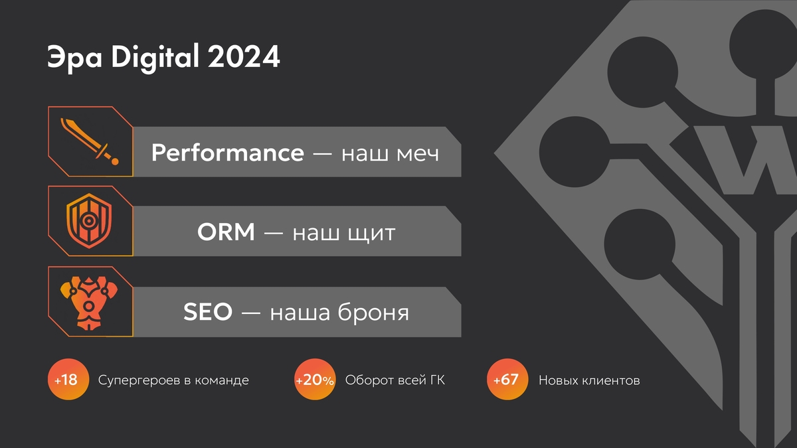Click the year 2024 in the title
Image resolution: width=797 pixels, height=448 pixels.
(244, 56)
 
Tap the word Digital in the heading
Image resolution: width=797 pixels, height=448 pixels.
(155, 58)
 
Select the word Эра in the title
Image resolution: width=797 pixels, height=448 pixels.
(74, 59)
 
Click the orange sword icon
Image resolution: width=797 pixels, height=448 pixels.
(90, 141)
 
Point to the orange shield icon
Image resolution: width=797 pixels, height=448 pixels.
(89, 221)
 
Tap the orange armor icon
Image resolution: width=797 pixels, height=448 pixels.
(89, 303)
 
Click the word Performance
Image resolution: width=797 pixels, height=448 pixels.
(228, 153)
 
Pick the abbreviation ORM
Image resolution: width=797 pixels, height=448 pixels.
(226, 232)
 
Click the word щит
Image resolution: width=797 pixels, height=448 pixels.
(371, 234)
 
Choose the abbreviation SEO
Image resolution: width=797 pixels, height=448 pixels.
(208, 311)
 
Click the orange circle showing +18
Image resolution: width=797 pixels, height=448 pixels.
(68, 380)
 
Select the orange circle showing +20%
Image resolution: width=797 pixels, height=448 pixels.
(315, 380)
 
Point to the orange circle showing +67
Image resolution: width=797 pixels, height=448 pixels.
(507, 380)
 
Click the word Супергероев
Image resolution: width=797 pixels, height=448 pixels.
(139, 381)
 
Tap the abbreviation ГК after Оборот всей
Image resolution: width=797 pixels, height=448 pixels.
(438, 380)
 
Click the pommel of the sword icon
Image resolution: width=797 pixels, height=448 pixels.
(114, 162)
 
